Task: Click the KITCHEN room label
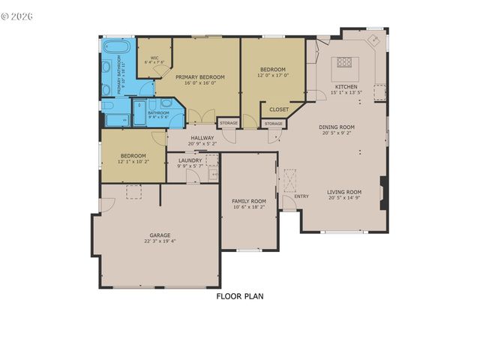click(346, 87)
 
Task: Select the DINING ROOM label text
click(337, 127)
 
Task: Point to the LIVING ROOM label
click(344, 192)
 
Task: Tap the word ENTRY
click(301, 196)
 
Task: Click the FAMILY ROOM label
click(248, 201)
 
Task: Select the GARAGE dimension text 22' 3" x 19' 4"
click(160, 241)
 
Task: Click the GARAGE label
click(160, 235)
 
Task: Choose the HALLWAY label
click(202, 137)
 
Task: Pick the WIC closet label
click(154, 58)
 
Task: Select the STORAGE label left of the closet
click(229, 123)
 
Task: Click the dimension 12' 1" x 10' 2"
click(133, 161)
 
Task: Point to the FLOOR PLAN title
click(240, 296)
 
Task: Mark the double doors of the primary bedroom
click(195, 117)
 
